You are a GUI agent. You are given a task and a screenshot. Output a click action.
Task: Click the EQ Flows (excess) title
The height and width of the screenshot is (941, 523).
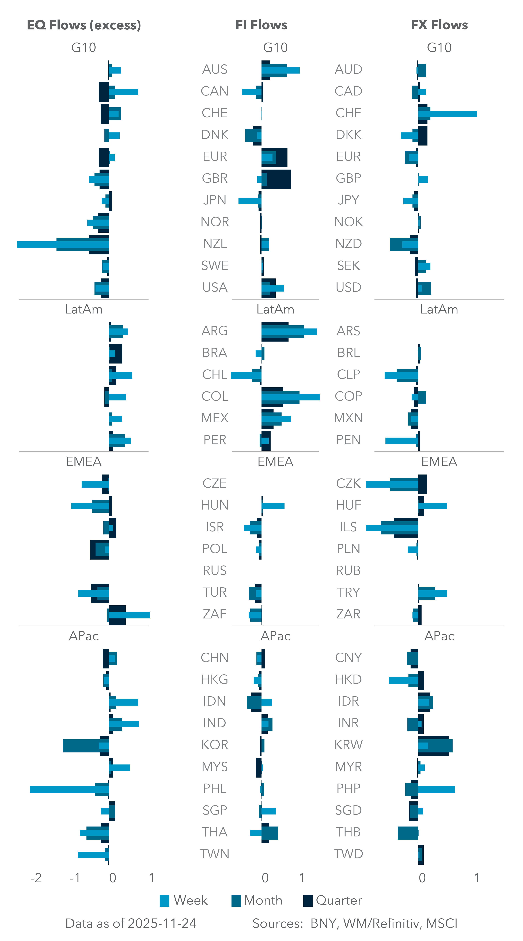pos(84,25)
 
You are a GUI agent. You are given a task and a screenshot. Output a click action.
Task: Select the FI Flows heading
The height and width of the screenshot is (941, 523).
pos(261,25)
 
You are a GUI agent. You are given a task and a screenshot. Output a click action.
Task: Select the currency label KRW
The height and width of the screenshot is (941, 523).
pos(348,745)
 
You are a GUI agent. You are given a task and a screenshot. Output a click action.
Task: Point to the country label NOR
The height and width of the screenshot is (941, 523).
pos(215,222)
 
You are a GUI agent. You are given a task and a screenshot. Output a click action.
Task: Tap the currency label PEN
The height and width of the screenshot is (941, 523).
pos(348,440)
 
